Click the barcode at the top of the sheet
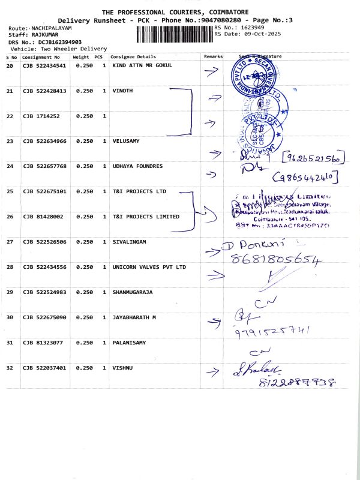click(x=175, y=34)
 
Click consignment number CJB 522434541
click(x=44, y=65)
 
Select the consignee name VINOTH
click(x=122, y=91)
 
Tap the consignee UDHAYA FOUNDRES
click(x=137, y=166)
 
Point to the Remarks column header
click(x=213, y=56)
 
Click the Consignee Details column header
click(x=133, y=56)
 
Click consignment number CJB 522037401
click(x=44, y=367)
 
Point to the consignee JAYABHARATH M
click(x=134, y=317)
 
